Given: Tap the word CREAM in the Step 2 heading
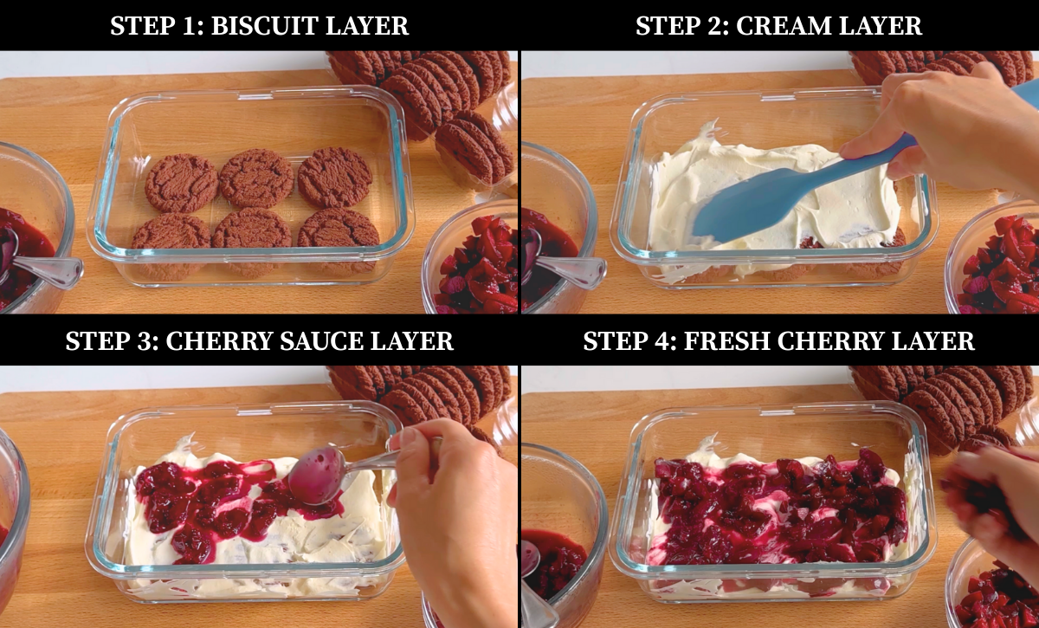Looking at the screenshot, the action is (783, 25).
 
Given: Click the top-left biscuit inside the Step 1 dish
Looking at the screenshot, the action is (181, 183).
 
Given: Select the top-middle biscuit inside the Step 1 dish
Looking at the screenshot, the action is (256, 178).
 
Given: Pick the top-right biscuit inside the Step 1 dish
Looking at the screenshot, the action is (335, 177).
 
